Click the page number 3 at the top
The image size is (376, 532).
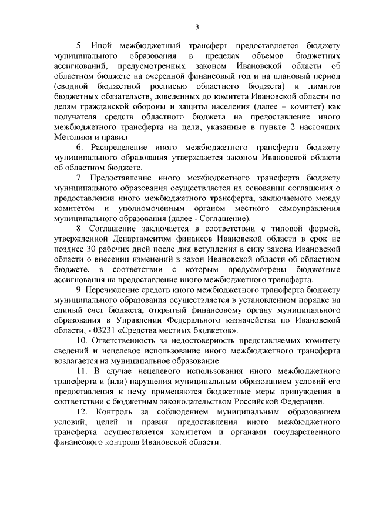tap(197, 26)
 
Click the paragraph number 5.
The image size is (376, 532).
tap(79, 44)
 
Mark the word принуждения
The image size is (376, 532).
tap(314, 392)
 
